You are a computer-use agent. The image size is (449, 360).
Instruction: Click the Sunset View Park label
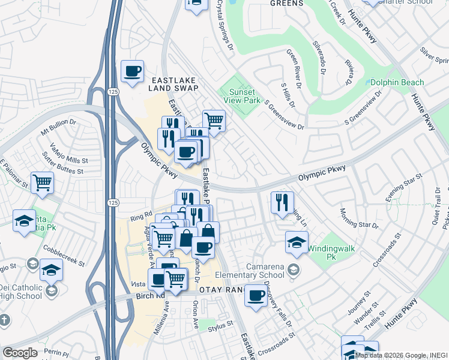point(242,96)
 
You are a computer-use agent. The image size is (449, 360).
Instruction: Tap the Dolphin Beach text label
point(397,82)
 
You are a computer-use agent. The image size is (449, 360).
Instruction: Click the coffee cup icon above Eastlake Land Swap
point(132,71)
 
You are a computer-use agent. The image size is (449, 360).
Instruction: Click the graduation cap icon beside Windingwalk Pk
point(296,242)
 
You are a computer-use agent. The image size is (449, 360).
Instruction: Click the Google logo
point(20,353)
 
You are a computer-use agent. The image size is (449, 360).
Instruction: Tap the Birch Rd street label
point(153,296)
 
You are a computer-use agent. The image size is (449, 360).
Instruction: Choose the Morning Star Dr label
point(359,219)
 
